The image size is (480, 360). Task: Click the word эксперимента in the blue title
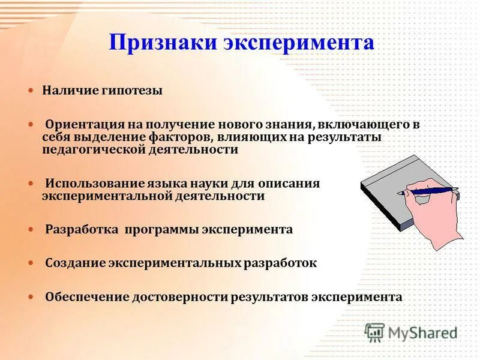click(299, 43)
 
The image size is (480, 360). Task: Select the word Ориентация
click(83, 125)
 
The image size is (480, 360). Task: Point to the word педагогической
click(91, 150)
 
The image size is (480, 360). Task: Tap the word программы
click(162, 230)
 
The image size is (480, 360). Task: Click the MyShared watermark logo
click(411, 332)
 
